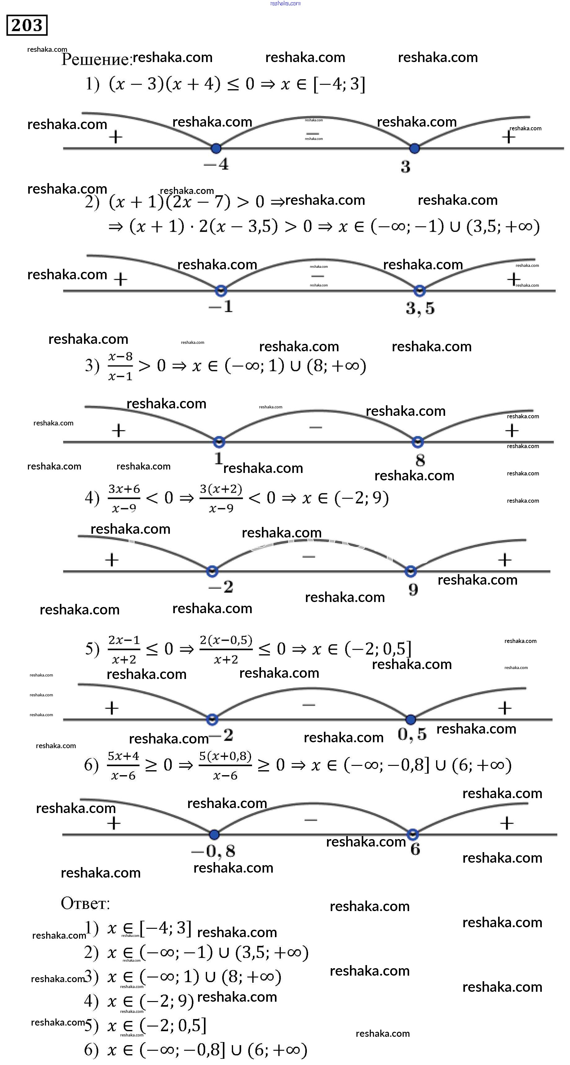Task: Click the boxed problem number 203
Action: coord(27,25)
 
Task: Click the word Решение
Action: coord(96,60)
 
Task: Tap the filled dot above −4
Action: coord(216,148)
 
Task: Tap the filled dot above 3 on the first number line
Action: coord(414,148)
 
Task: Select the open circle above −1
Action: coord(221,291)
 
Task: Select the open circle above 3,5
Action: coord(420,291)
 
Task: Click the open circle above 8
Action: coord(418,442)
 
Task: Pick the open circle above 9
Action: coord(410,571)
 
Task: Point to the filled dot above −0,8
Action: coord(214,834)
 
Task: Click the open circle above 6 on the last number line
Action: coord(413,834)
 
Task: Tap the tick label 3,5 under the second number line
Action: coord(420,308)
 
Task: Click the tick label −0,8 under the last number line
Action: coord(213,851)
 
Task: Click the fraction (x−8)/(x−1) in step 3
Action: coord(120,366)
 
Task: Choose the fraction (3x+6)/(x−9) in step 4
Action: coord(124,498)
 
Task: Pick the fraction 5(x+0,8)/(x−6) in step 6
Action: coord(225,765)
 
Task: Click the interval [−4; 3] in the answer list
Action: coord(166,928)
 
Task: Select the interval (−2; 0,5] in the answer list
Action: coord(173,1026)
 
